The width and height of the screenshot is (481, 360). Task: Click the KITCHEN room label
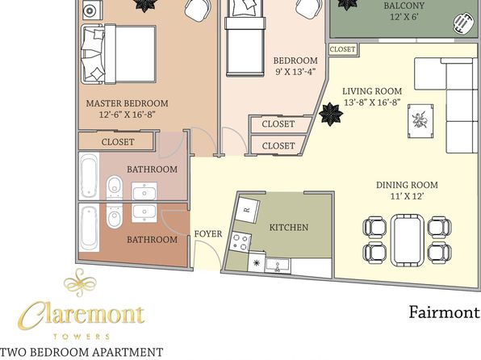289,228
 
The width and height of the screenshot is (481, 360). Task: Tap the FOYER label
208,234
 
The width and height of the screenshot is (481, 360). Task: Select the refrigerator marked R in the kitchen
248,210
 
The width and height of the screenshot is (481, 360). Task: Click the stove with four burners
240,242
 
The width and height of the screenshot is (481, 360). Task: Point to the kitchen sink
278,266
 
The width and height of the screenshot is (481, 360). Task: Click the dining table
408,240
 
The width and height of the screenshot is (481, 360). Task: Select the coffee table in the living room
420,121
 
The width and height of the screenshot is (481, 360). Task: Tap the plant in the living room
331,114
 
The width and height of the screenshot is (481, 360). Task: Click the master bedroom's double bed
119,54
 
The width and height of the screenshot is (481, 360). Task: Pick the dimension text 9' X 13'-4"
295,72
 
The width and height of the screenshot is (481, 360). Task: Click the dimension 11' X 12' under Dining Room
407,196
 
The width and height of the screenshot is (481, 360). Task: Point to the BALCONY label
404,6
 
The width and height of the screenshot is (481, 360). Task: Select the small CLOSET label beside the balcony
342,49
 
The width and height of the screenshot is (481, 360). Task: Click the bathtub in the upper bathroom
89,176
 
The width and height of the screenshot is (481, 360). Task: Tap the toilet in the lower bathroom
115,217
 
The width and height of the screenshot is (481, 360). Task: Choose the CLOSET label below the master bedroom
118,142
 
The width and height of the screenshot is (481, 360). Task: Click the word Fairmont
444,312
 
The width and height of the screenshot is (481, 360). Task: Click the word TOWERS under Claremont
82,337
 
